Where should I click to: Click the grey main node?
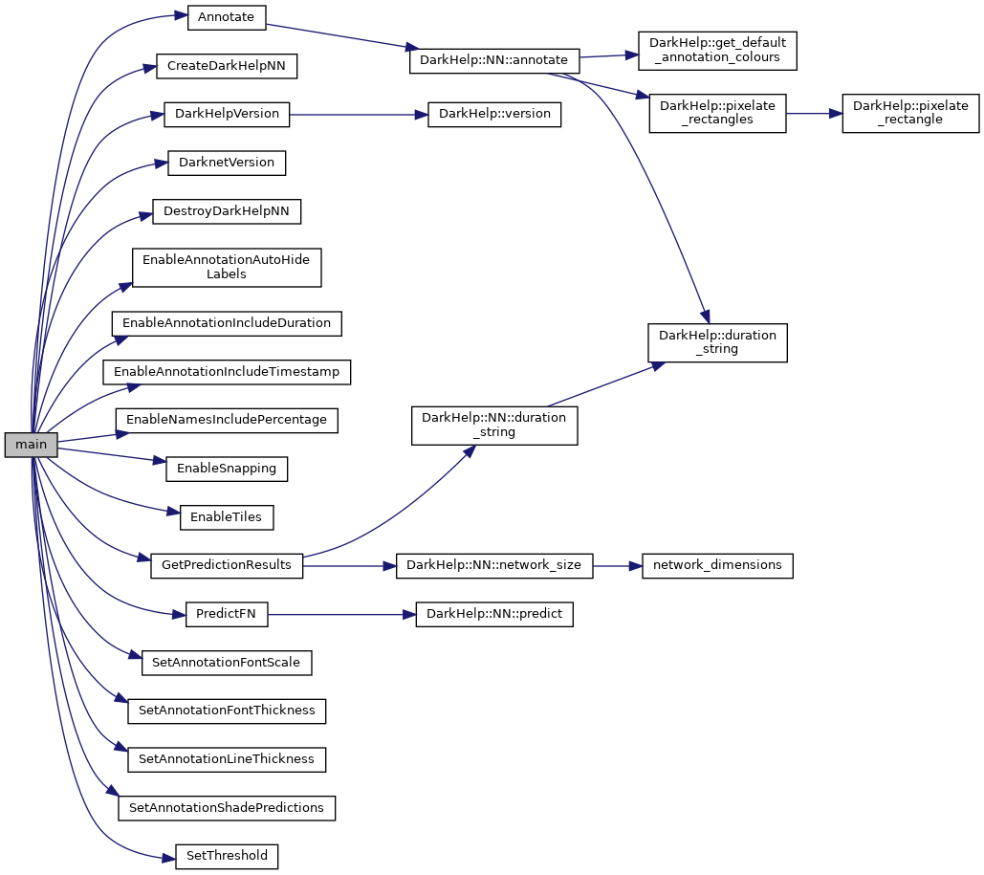(x=31, y=445)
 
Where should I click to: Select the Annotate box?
(x=226, y=16)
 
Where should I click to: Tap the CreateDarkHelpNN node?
(x=227, y=66)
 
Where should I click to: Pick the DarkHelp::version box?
(x=494, y=114)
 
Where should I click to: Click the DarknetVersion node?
(x=227, y=163)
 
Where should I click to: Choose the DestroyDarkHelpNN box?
(x=227, y=211)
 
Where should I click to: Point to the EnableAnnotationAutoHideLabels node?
(x=227, y=267)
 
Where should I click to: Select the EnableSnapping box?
(x=227, y=469)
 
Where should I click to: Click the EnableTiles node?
(x=227, y=517)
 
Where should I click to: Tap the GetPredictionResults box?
(x=227, y=565)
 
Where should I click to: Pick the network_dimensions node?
(x=717, y=565)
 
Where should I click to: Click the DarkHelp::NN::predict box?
(x=494, y=615)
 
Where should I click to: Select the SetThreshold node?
(x=227, y=856)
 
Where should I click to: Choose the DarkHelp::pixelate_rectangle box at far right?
(x=910, y=113)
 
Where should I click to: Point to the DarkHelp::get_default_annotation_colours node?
(x=717, y=51)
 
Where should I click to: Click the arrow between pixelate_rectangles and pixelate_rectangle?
(x=814, y=113)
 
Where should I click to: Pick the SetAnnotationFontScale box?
(x=227, y=662)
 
